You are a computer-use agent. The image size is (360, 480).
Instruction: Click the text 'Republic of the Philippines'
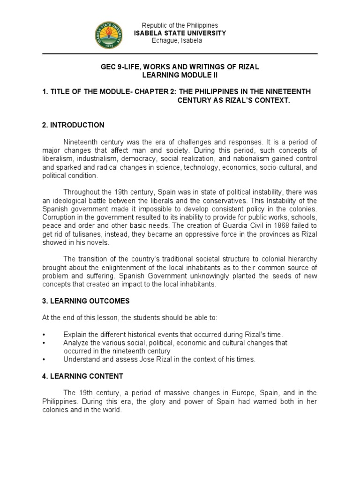(x=180, y=25)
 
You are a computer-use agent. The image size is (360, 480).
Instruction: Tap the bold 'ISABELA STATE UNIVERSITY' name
(x=180, y=33)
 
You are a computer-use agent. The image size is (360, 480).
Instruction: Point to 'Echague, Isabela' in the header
(x=177, y=41)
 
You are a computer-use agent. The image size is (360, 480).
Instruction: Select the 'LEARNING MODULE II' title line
(x=180, y=75)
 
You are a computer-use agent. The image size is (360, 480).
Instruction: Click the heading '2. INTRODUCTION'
(x=73, y=125)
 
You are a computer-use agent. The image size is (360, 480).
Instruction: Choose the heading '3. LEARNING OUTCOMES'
(x=86, y=300)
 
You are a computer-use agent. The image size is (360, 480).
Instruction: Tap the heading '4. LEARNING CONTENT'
(x=82, y=376)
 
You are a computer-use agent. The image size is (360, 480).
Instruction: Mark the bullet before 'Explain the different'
(x=44, y=334)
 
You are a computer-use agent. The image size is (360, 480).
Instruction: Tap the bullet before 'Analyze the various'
(x=44, y=343)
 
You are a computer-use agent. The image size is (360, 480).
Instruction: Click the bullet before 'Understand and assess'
(x=44, y=360)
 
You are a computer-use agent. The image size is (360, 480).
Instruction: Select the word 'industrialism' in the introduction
(x=97, y=159)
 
